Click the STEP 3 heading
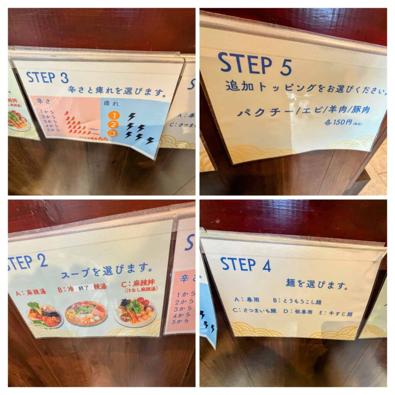tap(47, 78)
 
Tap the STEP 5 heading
tap(255, 64)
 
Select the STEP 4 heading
tap(245, 265)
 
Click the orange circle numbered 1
tap(111, 115)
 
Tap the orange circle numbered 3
tap(112, 133)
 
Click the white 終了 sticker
tap(84, 288)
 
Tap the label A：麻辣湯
tap(31, 292)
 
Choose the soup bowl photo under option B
tap(86, 313)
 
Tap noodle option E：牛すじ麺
tap(339, 313)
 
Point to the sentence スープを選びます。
tap(105, 269)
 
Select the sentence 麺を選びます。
tap(317, 285)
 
